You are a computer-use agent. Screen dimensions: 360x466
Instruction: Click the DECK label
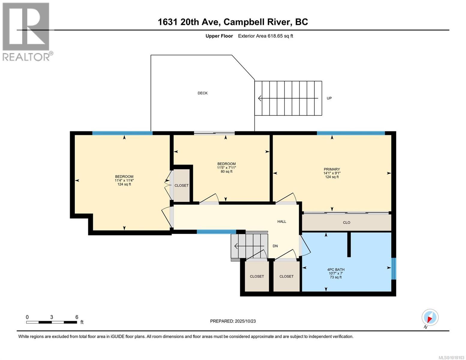pyautogui.click(x=203, y=93)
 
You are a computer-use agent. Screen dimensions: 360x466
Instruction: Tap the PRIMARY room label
pyautogui.click(x=332, y=169)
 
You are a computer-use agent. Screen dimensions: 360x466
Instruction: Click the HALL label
pyautogui.click(x=281, y=221)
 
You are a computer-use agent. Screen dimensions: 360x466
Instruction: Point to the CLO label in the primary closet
pyautogui.click(x=346, y=223)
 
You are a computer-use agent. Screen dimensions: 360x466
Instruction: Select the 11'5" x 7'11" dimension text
pyautogui.click(x=226, y=168)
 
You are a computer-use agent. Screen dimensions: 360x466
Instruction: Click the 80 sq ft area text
pyautogui.click(x=226, y=172)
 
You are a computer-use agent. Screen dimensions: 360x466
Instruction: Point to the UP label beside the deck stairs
pyautogui.click(x=329, y=98)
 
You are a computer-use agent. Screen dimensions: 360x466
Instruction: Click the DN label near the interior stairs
pyautogui.click(x=275, y=246)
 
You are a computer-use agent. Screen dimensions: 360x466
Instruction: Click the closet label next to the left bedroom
pyautogui.click(x=182, y=185)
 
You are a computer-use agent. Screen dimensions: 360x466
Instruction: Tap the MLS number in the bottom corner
pyautogui.click(x=452, y=357)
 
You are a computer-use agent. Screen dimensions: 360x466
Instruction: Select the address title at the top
pyautogui.click(x=233, y=22)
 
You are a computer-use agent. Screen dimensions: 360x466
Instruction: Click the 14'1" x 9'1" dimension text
pyautogui.click(x=332, y=173)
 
